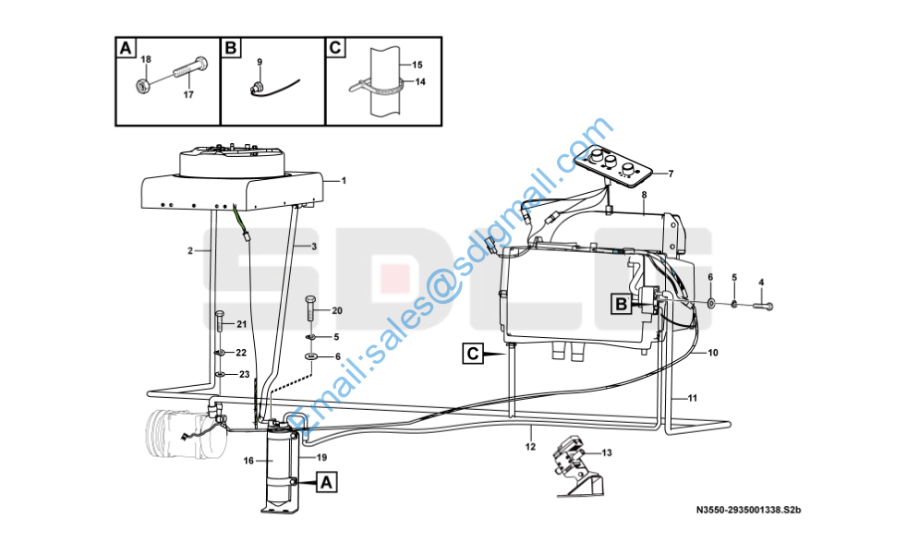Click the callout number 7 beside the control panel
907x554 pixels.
point(671,174)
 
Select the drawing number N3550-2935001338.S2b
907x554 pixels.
point(748,510)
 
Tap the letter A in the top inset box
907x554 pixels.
point(126,48)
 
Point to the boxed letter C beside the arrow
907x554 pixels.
point(473,353)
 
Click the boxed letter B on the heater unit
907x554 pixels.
point(622,304)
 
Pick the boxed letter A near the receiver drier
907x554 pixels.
point(326,482)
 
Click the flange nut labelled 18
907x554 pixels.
point(143,86)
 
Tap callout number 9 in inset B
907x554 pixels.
point(260,62)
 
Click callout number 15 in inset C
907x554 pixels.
point(417,65)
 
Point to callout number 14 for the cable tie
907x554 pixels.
point(420,81)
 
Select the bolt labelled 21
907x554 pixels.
point(220,321)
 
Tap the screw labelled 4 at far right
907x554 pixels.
point(763,306)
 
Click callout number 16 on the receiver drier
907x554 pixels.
point(248,461)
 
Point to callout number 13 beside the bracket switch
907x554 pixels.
point(607,452)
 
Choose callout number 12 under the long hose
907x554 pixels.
point(530,447)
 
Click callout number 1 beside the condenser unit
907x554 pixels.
point(344,181)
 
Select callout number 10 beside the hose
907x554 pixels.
point(713,353)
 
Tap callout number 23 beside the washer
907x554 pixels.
point(244,375)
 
